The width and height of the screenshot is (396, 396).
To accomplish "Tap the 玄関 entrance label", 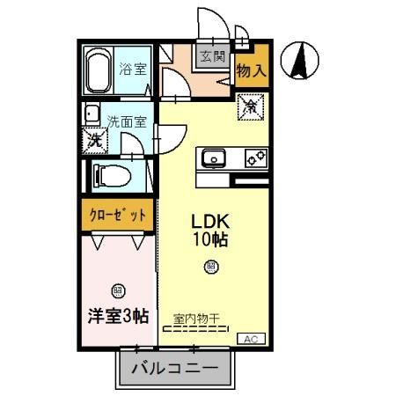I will (x=211, y=57).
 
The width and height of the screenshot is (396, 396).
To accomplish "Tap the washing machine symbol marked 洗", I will (x=93, y=139).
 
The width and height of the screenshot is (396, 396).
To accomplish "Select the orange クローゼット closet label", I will (x=117, y=213).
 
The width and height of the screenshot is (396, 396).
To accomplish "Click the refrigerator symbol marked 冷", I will (x=251, y=107).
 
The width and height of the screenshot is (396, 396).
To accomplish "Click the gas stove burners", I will (x=255, y=159).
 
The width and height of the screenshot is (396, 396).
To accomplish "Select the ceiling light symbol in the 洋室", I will (x=119, y=290).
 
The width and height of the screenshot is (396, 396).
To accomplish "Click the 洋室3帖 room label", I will (x=120, y=315).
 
